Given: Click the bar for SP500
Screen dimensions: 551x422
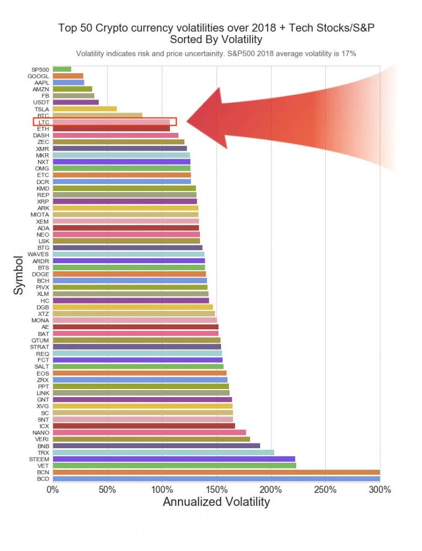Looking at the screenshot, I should [x=62, y=69].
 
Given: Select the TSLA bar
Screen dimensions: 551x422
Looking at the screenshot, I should [x=84, y=109].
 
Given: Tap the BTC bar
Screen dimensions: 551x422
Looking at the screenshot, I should [x=97, y=115].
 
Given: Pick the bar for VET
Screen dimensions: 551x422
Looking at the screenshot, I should [x=174, y=465].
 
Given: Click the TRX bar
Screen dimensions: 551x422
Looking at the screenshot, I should [x=163, y=452].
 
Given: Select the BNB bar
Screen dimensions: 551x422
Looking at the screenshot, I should [x=156, y=446].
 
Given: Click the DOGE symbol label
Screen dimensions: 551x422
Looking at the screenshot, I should [x=41, y=274].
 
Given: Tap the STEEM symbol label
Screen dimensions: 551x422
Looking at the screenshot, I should [x=39, y=459].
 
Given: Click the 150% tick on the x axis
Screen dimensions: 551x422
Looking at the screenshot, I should [x=217, y=490].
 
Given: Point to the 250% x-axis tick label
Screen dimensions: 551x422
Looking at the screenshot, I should [x=326, y=490].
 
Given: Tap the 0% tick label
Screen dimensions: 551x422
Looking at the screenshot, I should [x=52, y=490].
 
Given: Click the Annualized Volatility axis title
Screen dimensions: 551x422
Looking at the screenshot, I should [x=216, y=503].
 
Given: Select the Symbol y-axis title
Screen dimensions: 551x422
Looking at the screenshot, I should [x=19, y=274].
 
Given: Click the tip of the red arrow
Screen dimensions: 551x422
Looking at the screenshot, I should [x=188, y=122].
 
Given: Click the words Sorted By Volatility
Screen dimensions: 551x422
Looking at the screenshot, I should [x=216, y=39].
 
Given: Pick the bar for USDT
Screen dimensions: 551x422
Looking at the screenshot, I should [x=75, y=102].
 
